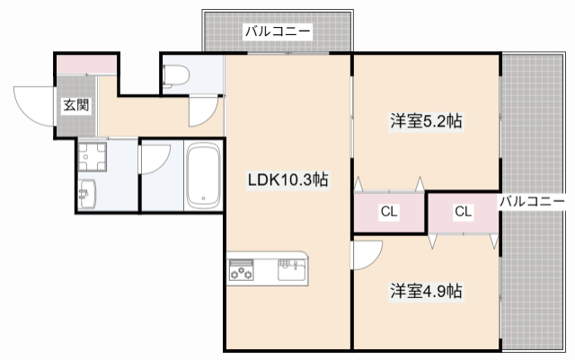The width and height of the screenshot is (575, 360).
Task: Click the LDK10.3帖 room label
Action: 287,180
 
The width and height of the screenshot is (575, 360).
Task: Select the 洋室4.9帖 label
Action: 426,291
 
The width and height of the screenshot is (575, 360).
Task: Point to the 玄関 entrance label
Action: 75,105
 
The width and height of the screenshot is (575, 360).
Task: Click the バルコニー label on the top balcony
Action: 278,32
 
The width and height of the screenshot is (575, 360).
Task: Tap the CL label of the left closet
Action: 388,213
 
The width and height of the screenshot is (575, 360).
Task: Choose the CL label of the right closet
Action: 463,213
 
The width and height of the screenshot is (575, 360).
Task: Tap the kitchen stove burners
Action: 242,268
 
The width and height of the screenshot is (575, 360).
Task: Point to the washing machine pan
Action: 91,157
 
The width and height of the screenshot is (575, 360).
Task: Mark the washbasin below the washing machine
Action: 87,193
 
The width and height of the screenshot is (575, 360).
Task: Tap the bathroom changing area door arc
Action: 153,163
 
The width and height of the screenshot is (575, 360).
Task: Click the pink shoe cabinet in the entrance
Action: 87,65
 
